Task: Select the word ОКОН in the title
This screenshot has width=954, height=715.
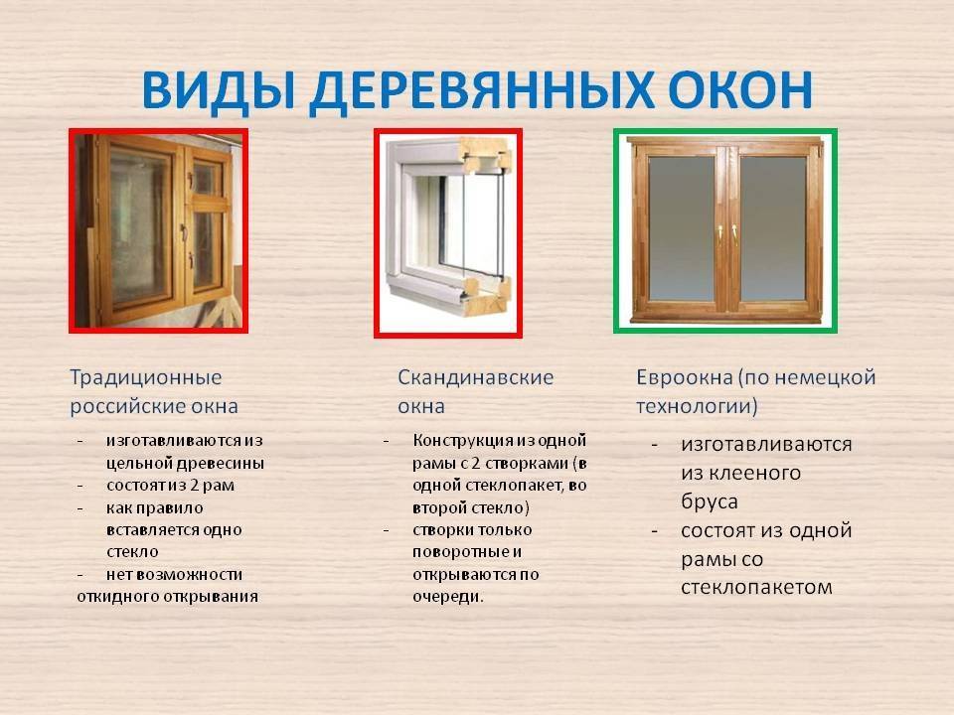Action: coord(739,90)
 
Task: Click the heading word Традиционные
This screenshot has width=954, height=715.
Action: coord(146,377)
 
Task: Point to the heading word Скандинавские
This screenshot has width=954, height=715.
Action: coord(476,377)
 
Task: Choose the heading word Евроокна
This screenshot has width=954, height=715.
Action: coord(685,377)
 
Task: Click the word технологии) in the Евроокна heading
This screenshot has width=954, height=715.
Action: coord(697,406)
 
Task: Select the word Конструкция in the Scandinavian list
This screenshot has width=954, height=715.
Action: coord(454,441)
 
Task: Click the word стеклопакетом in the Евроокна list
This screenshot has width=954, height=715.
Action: coord(756,587)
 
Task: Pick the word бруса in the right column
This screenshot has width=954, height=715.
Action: coord(710,502)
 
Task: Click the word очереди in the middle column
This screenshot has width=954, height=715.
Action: coord(448,597)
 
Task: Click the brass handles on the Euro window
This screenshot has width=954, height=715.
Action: coord(727,234)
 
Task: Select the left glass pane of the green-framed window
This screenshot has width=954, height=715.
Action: coord(681,228)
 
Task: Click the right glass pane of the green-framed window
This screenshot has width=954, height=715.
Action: coord(773,228)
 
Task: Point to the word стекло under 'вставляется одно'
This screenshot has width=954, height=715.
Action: coord(132,552)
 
